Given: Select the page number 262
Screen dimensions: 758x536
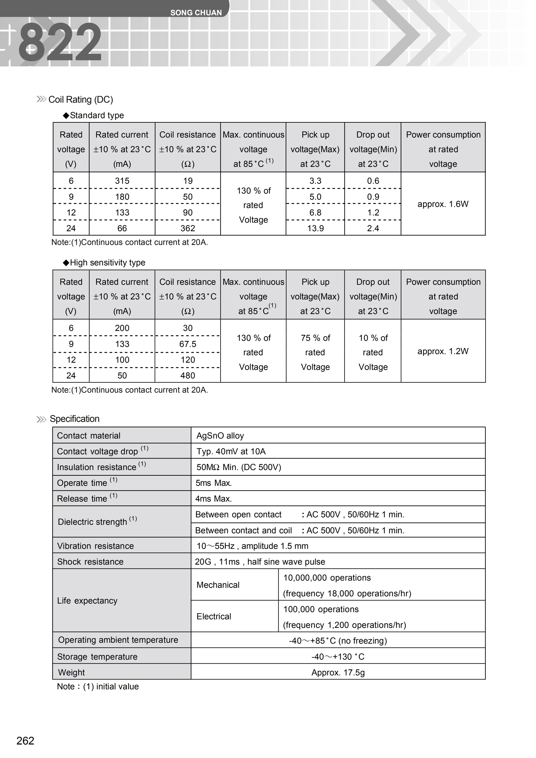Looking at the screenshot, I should coord(25,740).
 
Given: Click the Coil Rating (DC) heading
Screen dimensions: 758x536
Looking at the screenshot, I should coord(81,99).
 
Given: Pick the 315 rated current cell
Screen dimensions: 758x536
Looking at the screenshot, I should coord(122,181).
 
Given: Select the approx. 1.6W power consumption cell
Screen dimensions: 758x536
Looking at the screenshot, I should coord(443,204).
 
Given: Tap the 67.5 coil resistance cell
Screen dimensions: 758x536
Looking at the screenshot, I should coord(188,344).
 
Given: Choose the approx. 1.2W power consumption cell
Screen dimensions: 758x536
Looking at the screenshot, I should coord(443,351).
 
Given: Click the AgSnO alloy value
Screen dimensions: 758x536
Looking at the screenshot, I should coord(220,436).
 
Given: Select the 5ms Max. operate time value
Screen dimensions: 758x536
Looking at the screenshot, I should coord(214,483).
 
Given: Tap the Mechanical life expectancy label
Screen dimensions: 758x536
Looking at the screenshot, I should coord(218,585).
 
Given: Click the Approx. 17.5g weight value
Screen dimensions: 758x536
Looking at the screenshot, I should coord(338,672).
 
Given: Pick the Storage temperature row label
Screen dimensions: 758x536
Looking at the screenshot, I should coord(97,657).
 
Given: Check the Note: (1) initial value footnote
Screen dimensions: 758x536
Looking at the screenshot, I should coord(98,686).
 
